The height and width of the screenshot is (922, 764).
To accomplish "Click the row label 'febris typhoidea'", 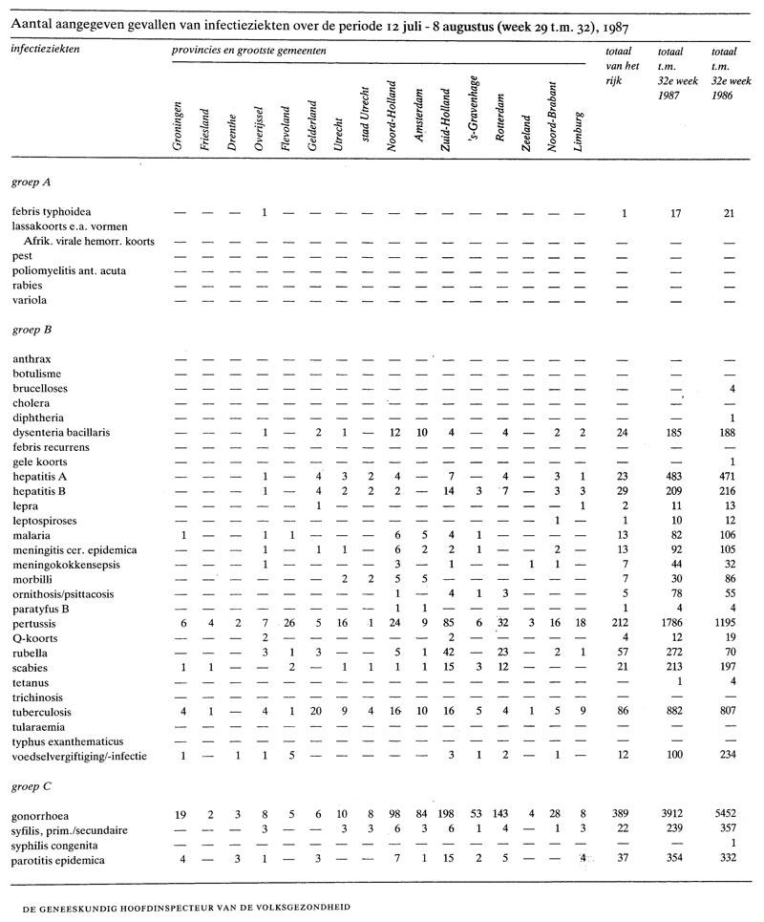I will (52, 212).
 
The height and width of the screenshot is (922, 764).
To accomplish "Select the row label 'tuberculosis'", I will (44, 713).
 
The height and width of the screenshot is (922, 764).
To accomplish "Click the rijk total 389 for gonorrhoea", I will (623, 816).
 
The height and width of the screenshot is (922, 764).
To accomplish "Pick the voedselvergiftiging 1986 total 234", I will (729, 757).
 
